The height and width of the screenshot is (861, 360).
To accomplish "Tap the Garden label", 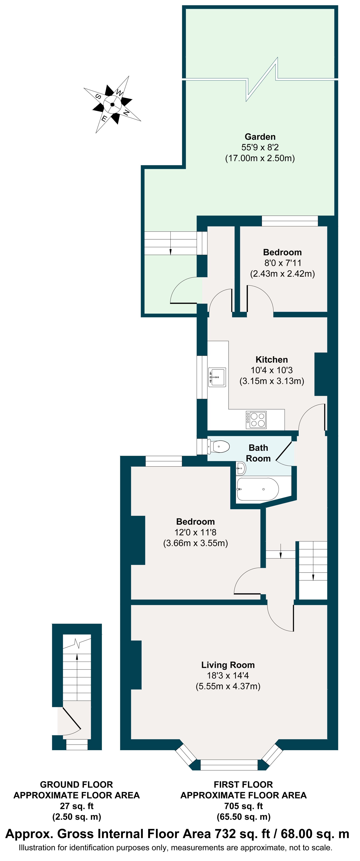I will [x=260, y=137].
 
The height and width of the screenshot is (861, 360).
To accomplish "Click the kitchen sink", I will [x=217, y=377].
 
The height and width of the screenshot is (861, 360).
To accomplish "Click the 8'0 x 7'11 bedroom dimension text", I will [x=282, y=263].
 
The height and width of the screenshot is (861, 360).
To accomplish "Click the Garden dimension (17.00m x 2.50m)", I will [x=260, y=158].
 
